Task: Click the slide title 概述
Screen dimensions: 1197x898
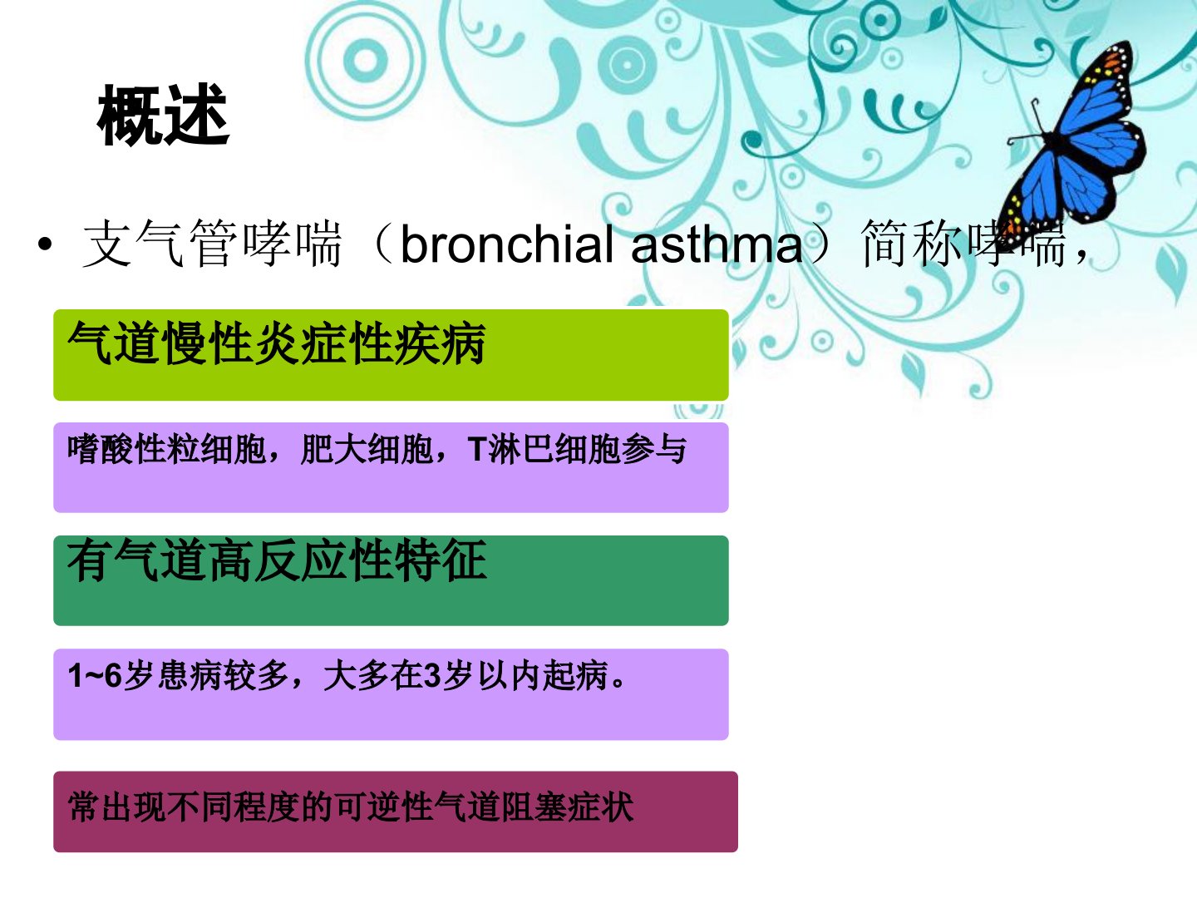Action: pyautogui.click(x=163, y=115)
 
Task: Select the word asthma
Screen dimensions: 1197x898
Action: pyautogui.click(x=717, y=244)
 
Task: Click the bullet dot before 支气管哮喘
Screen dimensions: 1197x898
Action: pyautogui.click(x=45, y=244)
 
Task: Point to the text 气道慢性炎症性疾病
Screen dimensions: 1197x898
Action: pyautogui.click(x=277, y=343)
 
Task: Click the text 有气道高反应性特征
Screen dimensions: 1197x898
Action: pyautogui.click(x=277, y=560)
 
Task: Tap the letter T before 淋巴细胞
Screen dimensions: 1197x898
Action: pyautogui.click(x=476, y=449)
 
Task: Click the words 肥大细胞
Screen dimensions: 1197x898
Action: pyautogui.click(x=367, y=449)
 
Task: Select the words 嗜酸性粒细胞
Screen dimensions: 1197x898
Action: pyautogui.click(x=167, y=449)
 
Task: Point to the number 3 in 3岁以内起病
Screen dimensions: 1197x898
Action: pyautogui.click(x=432, y=676)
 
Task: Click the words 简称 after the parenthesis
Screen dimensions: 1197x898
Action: pyautogui.click(x=911, y=244)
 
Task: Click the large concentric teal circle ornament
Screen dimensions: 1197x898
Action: pyautogui.click(x=366, y=61)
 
